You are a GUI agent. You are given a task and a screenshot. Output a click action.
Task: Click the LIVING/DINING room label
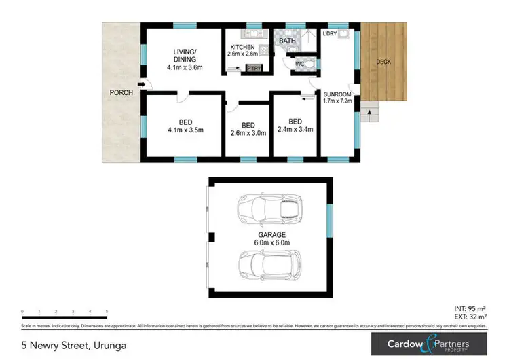pyautogui.click(x=185, y=59)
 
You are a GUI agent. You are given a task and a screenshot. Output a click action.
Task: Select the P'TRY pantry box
pyautogui.click(x=254, y=69)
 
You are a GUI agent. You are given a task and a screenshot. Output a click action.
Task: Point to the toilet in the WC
pyautogui.click(x=309, y=64)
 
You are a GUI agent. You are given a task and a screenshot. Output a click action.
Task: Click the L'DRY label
pyautogui.click(x=330, y=33)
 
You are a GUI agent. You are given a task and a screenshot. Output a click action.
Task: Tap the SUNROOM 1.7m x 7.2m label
pyautogui.click(x=337, y=98)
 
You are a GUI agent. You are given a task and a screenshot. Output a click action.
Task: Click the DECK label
pyautogui.click(x=384, y=62)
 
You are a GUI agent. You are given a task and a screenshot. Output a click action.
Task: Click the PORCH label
pyautogui.click(x=121, y=92)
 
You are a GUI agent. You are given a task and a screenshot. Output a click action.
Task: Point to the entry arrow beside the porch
pyautogui.click(x=140, y=85)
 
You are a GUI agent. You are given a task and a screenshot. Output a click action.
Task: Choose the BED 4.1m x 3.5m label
pyautogui.click(x=185, y=126)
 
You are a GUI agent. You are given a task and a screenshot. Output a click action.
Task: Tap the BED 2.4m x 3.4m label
pyautogui.click(x=295, y=126)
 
